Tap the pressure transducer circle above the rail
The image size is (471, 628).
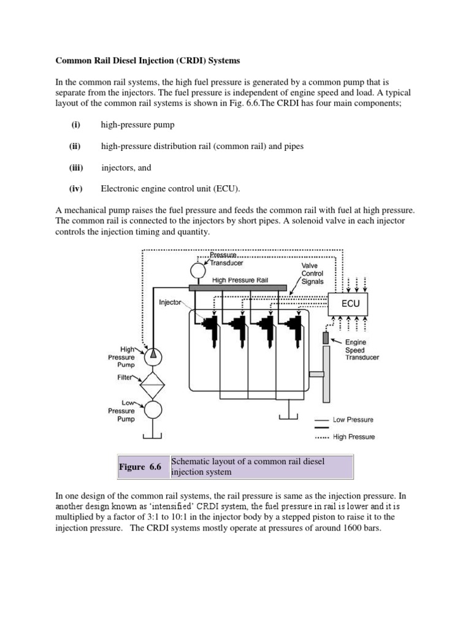[198, 270]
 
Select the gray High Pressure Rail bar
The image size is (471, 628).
[237, 287]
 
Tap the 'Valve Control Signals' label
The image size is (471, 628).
[313, 274]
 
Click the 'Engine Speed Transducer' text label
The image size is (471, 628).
[362, 350]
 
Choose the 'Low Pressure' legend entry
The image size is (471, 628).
[353, 420]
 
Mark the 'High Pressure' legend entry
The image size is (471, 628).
[353, 437]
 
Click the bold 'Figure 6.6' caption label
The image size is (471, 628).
[140, 467]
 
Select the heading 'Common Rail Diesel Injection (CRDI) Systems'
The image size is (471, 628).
[148, 61]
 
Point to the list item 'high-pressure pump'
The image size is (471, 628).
[137, 124]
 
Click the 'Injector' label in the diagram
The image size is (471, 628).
[170, 302]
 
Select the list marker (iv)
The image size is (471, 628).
[76, 189]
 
